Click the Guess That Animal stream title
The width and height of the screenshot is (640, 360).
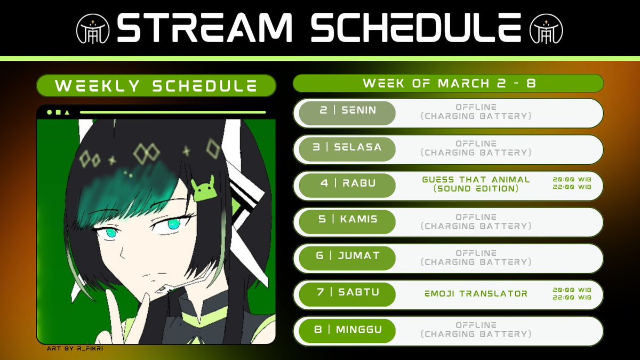point(476,184)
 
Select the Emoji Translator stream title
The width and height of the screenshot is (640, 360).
point(476,293)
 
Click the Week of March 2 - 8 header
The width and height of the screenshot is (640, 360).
point(449,84)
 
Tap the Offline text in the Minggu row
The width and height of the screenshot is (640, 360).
point(476,325)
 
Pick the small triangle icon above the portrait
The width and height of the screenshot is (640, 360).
point(66,113)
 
